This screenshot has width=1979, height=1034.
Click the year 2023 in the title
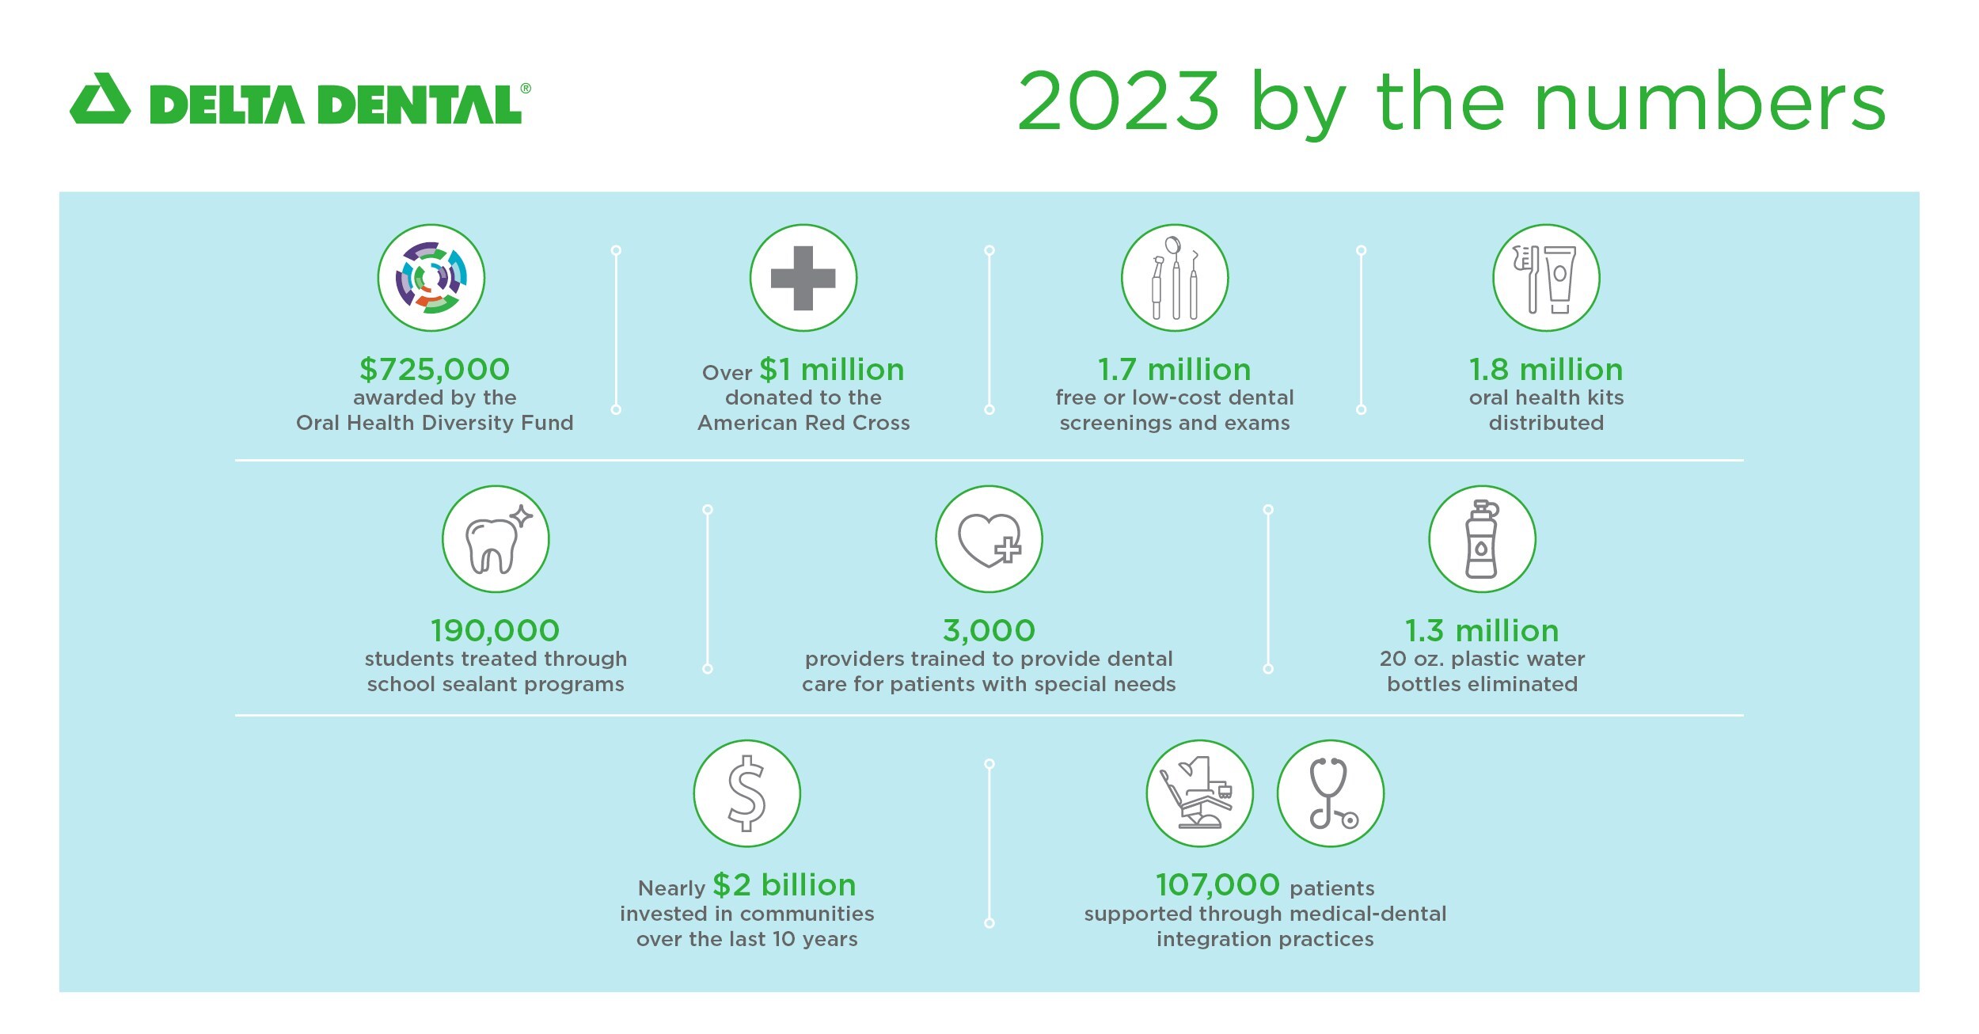coord(1118,101)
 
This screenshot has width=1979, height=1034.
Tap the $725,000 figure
coord(435,369)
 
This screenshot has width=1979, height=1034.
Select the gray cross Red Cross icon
coord(803,278)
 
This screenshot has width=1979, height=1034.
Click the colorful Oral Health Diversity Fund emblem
coord(431,277)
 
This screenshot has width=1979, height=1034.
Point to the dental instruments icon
coord(1175,278)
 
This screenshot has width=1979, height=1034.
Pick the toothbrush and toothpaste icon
coord(1546,278)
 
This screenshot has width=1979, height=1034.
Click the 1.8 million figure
coord(1546,370)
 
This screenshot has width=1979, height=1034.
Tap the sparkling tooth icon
coord(496,539)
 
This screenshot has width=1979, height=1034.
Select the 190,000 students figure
coord(496,631)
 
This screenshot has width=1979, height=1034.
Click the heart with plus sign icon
coord(989,539)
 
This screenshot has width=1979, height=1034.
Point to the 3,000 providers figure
coord(989,631)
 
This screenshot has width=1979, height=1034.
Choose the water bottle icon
coord(1482,539)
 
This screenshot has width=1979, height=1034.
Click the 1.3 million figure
coord(1482,631)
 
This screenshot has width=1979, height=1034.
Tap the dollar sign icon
coord(747,793)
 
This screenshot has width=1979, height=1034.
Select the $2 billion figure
coord(784,885)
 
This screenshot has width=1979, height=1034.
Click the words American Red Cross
coord(803,423)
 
